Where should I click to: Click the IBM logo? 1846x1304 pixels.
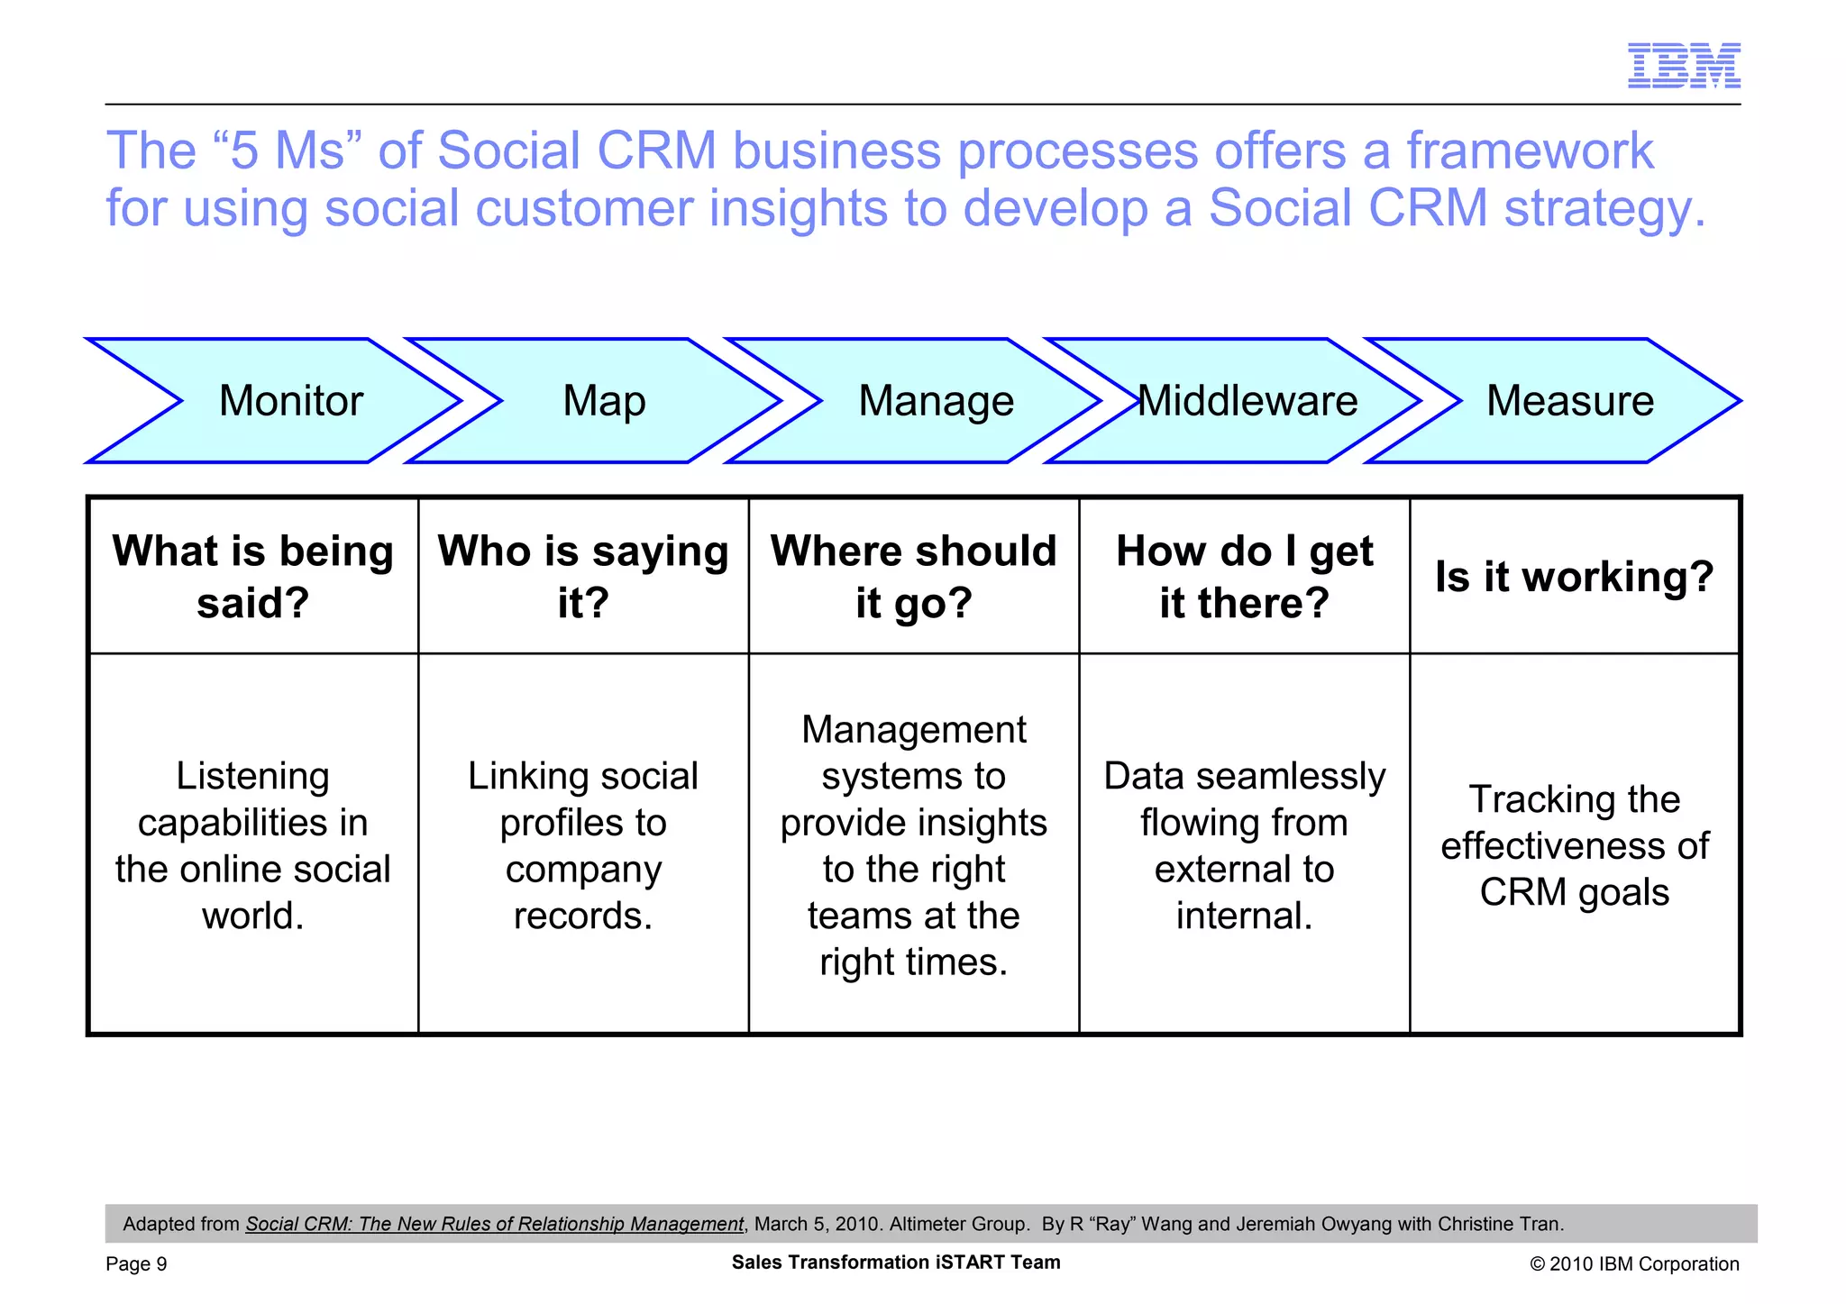(x=1683, y=66)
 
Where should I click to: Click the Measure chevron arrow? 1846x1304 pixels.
(x=1569, y=401)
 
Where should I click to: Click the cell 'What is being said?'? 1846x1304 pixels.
(x=253, y=576)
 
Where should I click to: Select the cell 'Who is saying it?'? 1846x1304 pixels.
(x=583, y=576)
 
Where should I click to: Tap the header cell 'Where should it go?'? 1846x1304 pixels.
(x=913, y=576)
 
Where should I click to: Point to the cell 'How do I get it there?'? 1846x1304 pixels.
(x=1244, y=576)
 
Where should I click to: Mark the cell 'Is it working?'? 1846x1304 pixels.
(x=1574, y=576)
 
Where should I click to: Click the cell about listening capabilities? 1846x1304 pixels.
(x=253, y=844)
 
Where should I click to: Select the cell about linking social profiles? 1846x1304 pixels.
(x=583, y=844)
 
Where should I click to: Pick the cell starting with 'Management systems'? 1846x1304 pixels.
(x=913, y=844)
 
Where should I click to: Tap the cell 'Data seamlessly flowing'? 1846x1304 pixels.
(x=1244, y=844)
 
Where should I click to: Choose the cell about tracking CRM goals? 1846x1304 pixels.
(x=1574, y=844)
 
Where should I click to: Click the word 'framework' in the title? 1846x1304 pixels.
(x=1530, y=150)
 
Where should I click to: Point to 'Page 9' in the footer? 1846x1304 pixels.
(x=136, y=1263)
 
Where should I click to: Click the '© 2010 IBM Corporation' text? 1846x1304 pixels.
(x=1634, y=1263)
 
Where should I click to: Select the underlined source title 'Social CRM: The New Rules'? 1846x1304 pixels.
(x=494, y=1224)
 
